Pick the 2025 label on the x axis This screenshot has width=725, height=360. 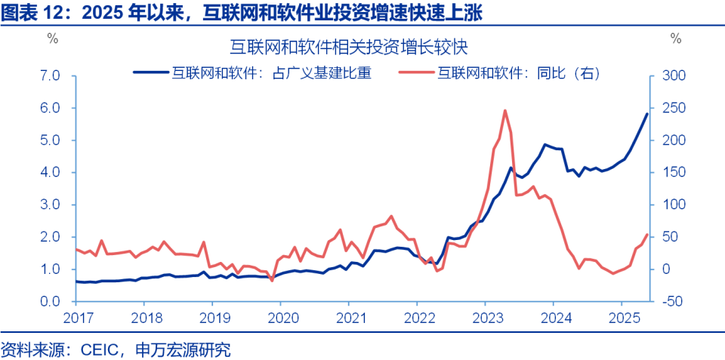[622, 317]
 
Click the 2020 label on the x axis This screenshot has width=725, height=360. [280, 317]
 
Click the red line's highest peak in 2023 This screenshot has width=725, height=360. [504, 110]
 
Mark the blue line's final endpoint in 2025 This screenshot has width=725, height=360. [647, 113]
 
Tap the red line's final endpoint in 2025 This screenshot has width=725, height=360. [647, 235]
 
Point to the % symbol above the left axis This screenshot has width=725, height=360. [52, 38]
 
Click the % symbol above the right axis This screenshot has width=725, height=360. [675, 38]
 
